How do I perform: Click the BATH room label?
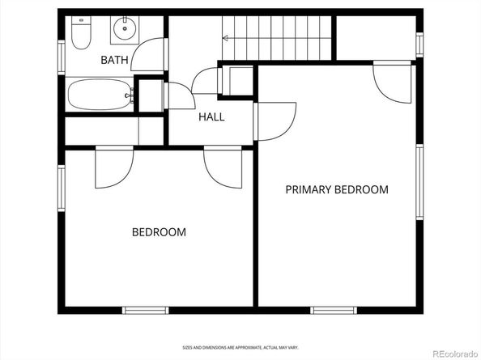coord(114,60)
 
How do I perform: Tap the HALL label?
coord(211,116)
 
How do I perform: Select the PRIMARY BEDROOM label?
coord(337,189)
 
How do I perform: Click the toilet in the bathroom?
coord(81,32)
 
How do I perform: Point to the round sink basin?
coord(125,28)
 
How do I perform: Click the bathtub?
coord(100,95)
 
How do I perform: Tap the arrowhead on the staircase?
coord(225,38)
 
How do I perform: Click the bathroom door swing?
coord(147,54)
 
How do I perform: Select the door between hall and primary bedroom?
coord(275,121)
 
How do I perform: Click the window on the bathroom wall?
coord(62,57)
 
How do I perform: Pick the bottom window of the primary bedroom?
coord(334,310)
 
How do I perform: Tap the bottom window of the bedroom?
coord(146,310)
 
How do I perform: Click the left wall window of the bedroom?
coord(62,188)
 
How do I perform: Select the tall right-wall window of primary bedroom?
coord(419,182)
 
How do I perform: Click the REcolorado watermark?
coord(454,354)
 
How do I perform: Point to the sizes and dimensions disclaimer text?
coord(240,347)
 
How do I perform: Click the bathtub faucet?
coord(130,95)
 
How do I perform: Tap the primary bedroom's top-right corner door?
coord(392,82)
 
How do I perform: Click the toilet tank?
coord(81,20)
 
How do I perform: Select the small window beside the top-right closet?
coord(419,44)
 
